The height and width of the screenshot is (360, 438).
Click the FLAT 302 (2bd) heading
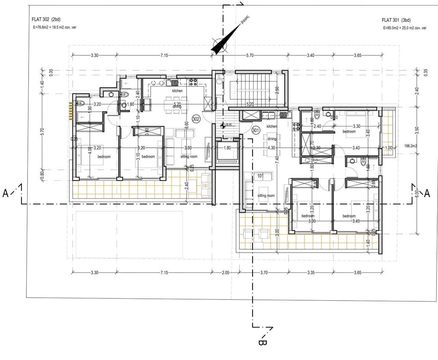click(46, 20)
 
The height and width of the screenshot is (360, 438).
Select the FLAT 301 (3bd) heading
click(396, 20)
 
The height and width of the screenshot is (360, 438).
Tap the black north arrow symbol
click(226, 40)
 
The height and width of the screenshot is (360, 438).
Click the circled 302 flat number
click(196, 119)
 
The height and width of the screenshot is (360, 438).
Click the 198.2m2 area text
click(411, 146)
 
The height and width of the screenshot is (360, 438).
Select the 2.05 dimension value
click(225, 273)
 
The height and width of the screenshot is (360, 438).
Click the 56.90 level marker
click(229, 125)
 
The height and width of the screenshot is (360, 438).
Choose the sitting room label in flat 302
click(189, 157)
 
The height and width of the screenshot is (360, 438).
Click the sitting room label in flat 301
click(266, 196)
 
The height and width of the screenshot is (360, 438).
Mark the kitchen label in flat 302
click(177, 91)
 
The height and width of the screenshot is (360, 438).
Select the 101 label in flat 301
click(260, 176)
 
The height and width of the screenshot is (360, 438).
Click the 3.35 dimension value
click(311, 273)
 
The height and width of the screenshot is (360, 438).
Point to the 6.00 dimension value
click(417, 194)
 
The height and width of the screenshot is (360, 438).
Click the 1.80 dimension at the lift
click(227, 148)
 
